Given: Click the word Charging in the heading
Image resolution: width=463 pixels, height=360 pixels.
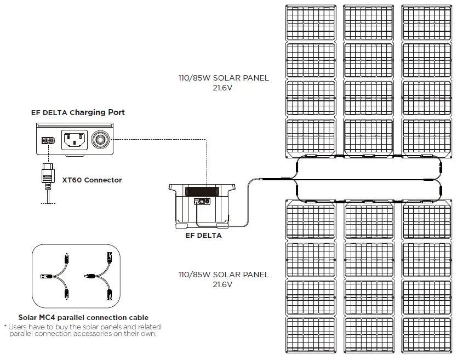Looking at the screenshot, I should tap(89, 112).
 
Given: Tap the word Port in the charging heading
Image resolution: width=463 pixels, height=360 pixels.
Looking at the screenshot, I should tap(116, 112).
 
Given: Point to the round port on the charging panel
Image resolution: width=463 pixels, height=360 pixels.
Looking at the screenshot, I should tap(100, 140).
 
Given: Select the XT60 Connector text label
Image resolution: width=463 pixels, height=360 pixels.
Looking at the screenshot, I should tap(92, 180).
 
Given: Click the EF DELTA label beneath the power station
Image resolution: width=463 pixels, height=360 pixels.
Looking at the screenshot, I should tap(203, 236).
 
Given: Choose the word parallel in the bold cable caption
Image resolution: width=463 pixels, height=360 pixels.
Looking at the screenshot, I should tap(74, 317).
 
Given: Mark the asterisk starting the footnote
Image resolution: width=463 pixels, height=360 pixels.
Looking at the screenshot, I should tap(5, 327).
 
